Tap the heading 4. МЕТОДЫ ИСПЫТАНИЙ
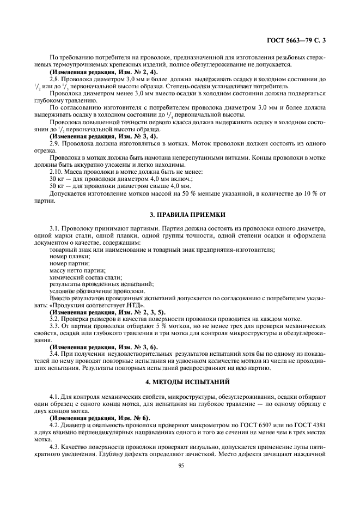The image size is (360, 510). click(x=180, y=381)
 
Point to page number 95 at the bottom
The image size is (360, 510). click(x=180, y=481)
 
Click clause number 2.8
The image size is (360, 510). click(x=55, y=79)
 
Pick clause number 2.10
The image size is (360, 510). click(x=56, y=172)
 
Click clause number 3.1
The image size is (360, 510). click(x=55, y=228)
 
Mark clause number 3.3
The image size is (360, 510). click(x=55, y=326)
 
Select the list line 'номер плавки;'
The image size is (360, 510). click(x=70, y=256)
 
